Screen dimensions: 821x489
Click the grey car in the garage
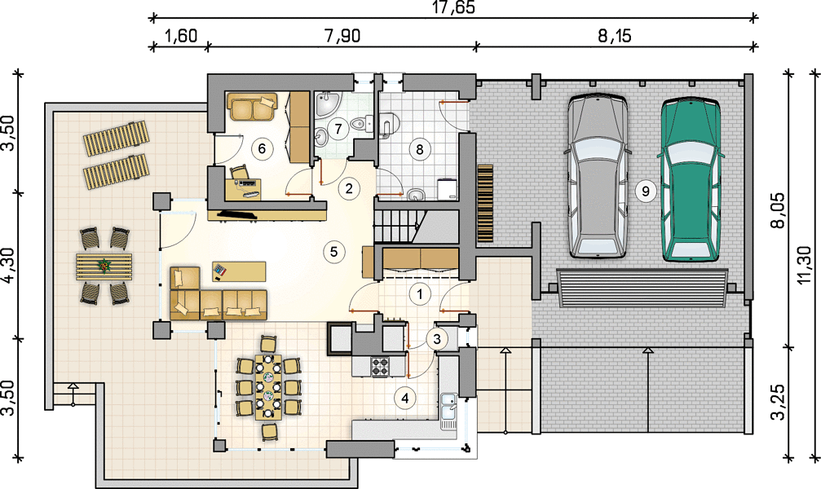tap(598, 176)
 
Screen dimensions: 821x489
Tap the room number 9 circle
tap(645, 191)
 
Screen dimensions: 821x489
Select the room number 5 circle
tap(333, 252)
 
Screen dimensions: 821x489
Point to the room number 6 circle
tap(262, 148)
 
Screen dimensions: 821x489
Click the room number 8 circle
tap(419, 149)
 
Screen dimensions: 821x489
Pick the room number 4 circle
tap(404, 398)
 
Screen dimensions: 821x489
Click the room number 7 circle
tap(338, 128)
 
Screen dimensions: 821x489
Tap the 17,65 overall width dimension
tap(453, 8)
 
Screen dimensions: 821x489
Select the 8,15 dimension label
tap(615, 36)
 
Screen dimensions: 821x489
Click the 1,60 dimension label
tap(181, 36)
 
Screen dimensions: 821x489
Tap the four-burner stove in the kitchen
tap(381, 367)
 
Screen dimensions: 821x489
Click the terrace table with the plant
tap(104, 266)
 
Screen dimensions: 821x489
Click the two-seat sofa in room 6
tap(251, 107)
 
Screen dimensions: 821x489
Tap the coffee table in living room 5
tap(239, 271)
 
